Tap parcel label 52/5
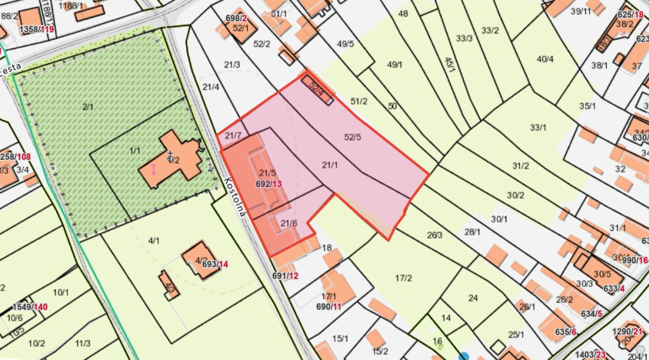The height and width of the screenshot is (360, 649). [x=353, y=136]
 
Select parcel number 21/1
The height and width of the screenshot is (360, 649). [x=330, y=165]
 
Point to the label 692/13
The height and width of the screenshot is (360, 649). [x=268, y=184]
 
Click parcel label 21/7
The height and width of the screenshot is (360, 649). [x=233, y=136]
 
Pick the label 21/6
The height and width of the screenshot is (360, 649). [x=289, y=223]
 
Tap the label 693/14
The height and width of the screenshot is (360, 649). [x=215, y=264]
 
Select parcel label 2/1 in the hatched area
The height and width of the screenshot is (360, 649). [x=88, y=107]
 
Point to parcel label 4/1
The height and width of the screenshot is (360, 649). [x=154, y=241]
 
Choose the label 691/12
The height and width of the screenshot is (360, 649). [x=285, y=276]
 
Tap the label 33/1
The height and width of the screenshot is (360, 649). [x=538, y=128]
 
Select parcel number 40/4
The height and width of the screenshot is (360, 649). [x=545, y=59]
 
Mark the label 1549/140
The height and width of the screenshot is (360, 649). [x=30, y=307]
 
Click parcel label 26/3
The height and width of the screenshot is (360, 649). [x=434, y=236]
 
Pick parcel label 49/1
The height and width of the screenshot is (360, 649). [x=395, y=64]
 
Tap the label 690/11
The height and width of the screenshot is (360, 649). [x=328, y=306]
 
